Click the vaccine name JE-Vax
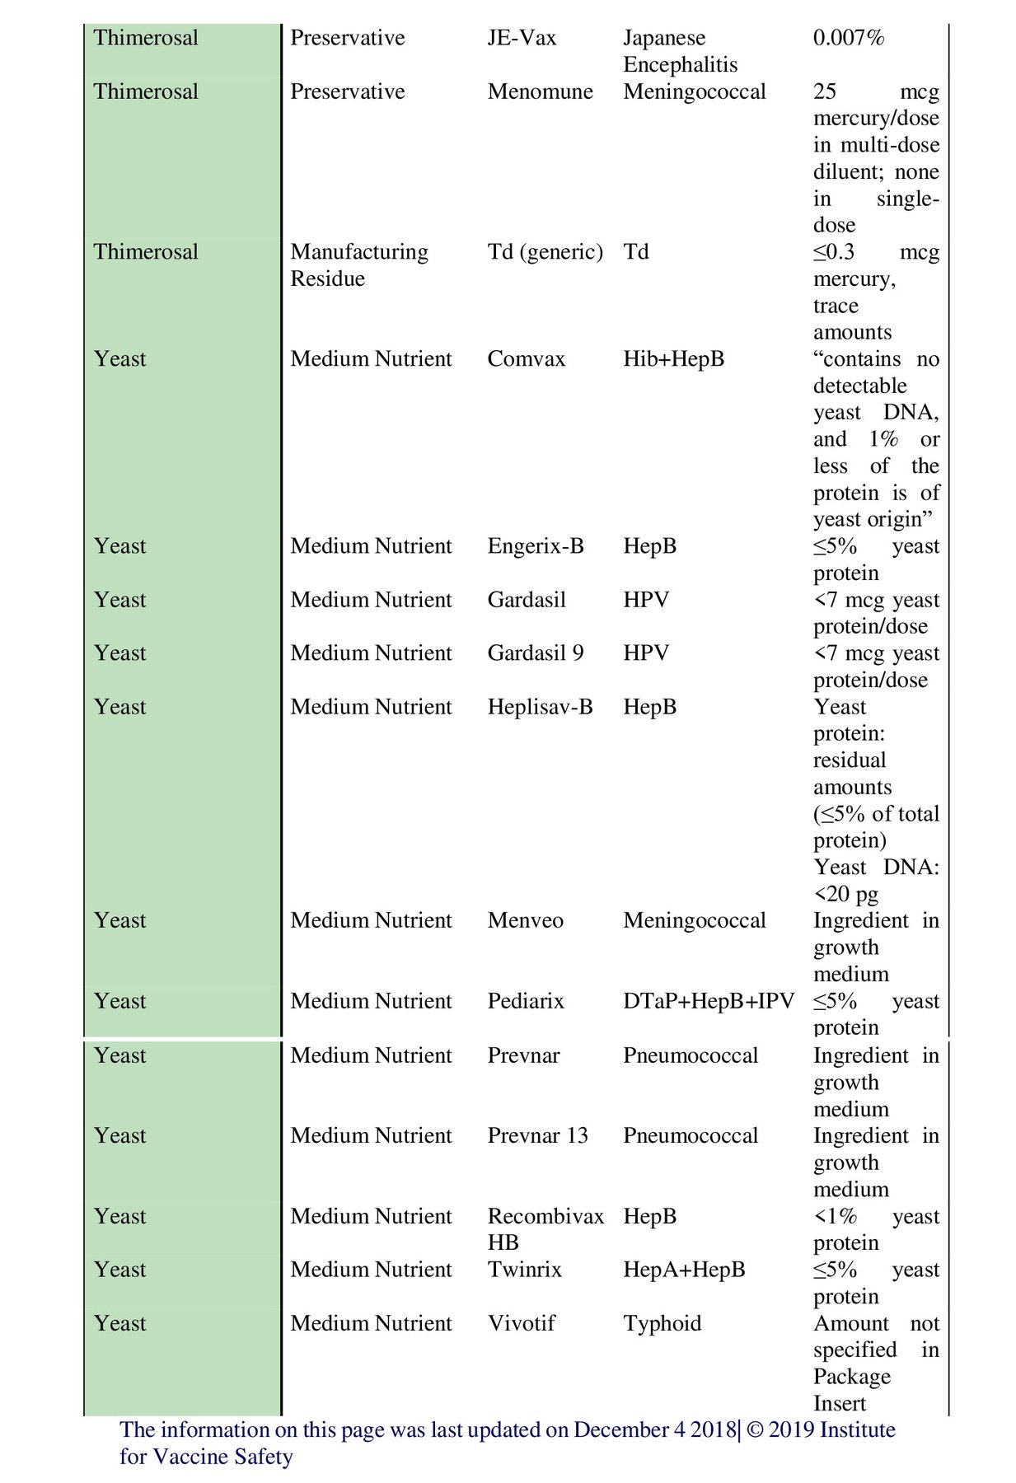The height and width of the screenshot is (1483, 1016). pos(522,38)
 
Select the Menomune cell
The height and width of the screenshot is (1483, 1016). pos(540,91)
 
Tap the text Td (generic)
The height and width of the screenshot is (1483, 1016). pos(545,251)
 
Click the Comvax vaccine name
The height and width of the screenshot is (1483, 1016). pos(526,359)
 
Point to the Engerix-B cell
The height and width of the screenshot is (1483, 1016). pos(535,546)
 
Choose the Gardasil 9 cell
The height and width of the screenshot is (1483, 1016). pos(535,653)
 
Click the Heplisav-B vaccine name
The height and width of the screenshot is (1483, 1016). pos(540,707)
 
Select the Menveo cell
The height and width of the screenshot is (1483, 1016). pos(525,920)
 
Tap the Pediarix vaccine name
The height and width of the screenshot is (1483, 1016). pos(526,1001)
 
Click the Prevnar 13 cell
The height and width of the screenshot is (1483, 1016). pos(537,1135)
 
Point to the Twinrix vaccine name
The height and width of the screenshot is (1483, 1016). pos(524,1270)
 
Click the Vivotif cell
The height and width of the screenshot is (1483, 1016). pos(521,1323)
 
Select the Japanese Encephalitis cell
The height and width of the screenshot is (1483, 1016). pos(680,51)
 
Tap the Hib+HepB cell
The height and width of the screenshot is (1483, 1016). pos(673,359)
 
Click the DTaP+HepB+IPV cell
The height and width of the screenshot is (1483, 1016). pos(708,1001)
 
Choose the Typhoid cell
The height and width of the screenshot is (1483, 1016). pos(662,1323)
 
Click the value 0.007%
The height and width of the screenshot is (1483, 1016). pos(848,38)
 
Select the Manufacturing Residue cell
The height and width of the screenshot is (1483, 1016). pos(359,264)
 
